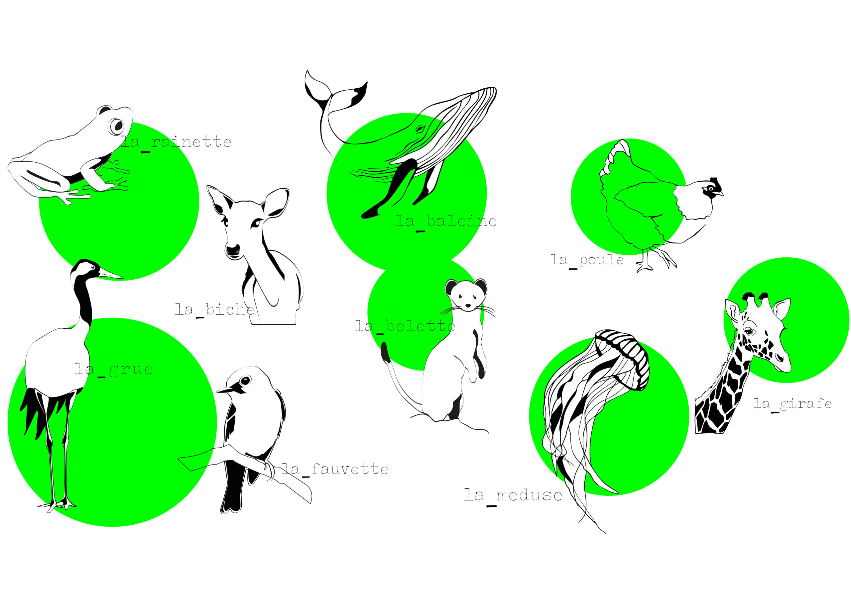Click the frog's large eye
pos(117,126)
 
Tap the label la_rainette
pos(176,143)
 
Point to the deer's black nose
pos(233,251)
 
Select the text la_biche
pos(215,311)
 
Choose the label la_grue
pos(114,370)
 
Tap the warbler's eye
pos(245,380)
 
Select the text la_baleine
pos(446,222)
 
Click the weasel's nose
pos(468,306)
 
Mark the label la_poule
pos(587,261)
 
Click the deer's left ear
pos(219,200)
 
